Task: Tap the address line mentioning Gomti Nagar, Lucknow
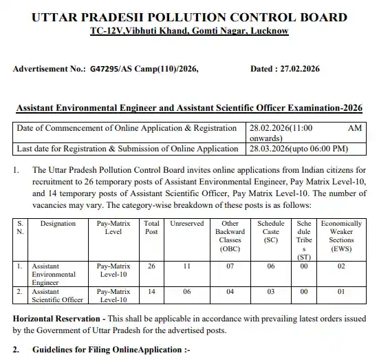(x=189, y=31)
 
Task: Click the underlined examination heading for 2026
(x=188, y=108)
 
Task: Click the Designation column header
(x=58, y=224)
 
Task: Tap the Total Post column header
(x=151, y=228)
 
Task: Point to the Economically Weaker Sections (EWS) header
(x=341, y=235)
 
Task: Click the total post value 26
(x=151, y=264)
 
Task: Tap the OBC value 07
(x=230, y=264)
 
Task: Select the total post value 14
(x=151, y=292)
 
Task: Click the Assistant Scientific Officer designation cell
(x=58, y=295)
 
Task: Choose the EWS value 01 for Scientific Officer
(x=341, y=292)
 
